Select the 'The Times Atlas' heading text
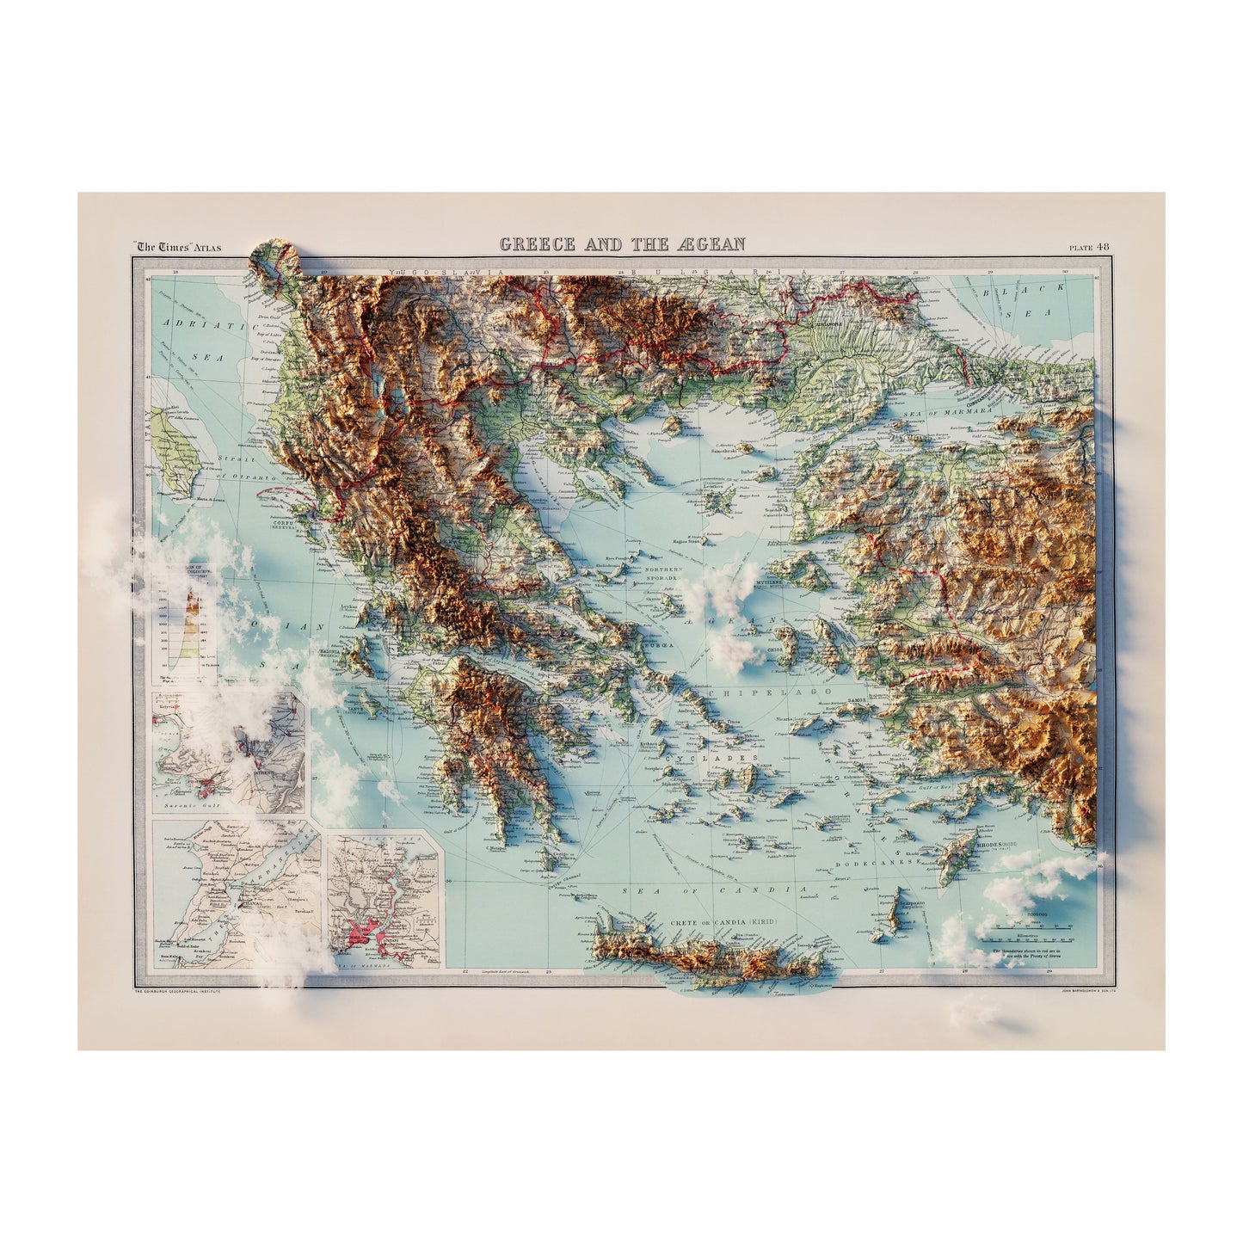(178, 248)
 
